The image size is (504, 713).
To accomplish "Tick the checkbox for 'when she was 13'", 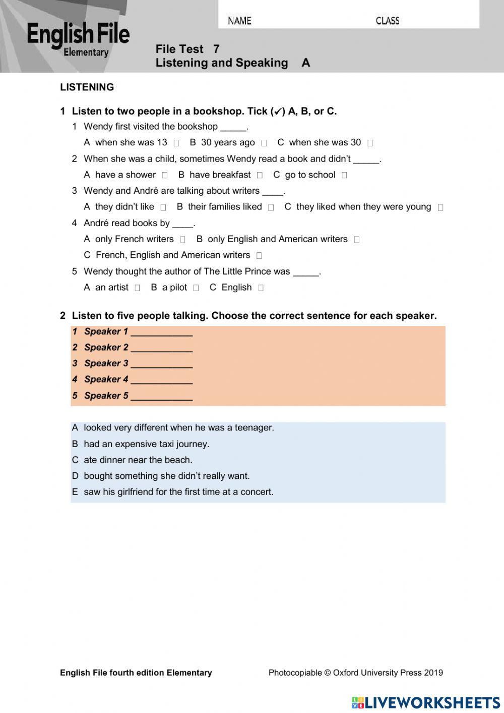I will (x=176, y=143).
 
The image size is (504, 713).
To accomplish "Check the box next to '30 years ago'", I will (x=264, y=143).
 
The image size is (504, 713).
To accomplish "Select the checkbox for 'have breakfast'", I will (x=260, y=176).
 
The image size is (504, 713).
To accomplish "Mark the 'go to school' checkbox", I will (x=344, y=176).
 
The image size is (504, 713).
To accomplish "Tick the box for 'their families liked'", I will (x=271, y=207).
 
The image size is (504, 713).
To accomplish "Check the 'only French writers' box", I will (x=182, y=240).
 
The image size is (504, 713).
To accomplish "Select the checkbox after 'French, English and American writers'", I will (x=259, y=256).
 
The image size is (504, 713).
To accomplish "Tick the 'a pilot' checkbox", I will (x=196, y=288).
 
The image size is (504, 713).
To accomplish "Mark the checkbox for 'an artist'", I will (x=137, y=288).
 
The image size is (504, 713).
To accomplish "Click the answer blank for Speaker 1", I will (x=161, y=333).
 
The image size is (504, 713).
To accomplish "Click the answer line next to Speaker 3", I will (x=161, y=364).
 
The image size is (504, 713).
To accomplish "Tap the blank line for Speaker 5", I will (x=161, y=397).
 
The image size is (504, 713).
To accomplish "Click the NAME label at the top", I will (x=239, y=21).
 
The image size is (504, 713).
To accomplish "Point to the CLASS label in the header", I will (x=387, y=21).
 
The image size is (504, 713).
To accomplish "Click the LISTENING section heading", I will (x=87, y=87).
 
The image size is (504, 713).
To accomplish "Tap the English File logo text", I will (x=78, y=35).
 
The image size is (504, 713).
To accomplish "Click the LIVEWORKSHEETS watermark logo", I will (x=426, y=702).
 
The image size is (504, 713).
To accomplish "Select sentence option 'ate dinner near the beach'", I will (x=138, y=460).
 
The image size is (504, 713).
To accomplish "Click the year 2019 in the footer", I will (x=433, y=672).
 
